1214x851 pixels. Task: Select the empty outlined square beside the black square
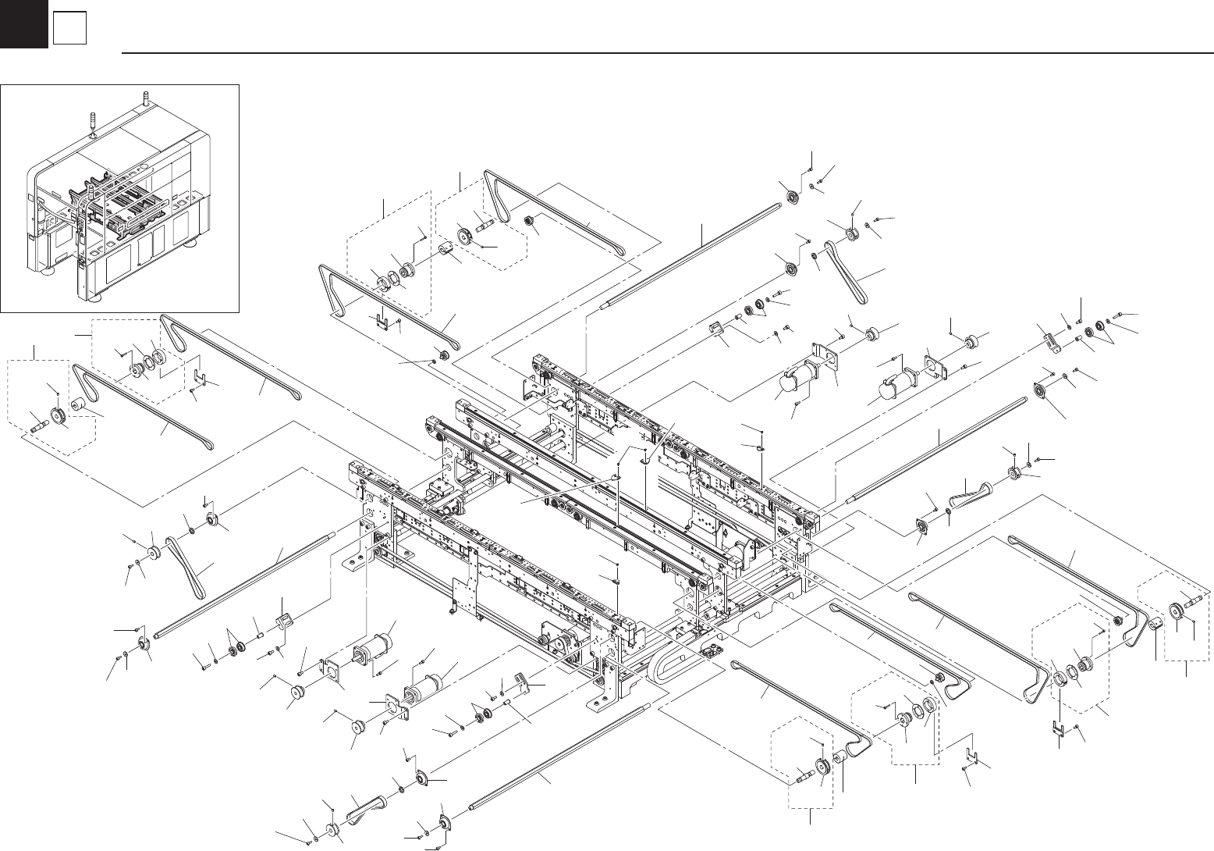(69, 30)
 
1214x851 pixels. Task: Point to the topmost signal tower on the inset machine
(145, 99)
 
